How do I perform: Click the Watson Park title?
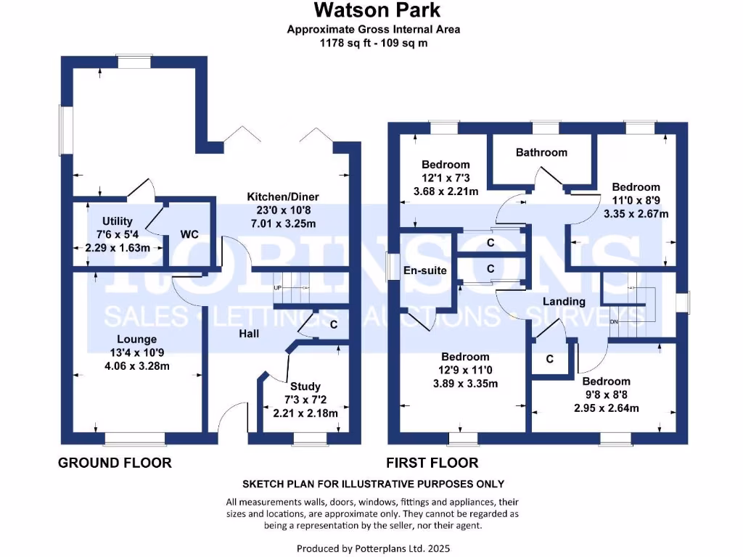pyautogui.click(x=377, y=11)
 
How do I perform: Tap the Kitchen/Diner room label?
pyautogui.click(x=283, y=197)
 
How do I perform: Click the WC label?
pyautogui.click(x=189, y=234)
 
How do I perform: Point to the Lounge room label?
pyautogui.click(x=137, y=339)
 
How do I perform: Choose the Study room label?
pyautogui.click(x=305, y=387)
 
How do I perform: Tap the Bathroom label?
pyautogui.click(x=541, y=152)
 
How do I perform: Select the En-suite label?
pyautogui.click(x=424, y=271)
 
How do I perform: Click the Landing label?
pyautogui.click(x=564, y=301)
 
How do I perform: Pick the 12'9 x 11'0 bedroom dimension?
pyautogui.click(x=465, y=370)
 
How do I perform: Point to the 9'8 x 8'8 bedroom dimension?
pyautogui.click(x=606, y=395)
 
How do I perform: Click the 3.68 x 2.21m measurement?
pyautogui.click(x=446, y=191)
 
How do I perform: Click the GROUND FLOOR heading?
pyautogui.click(x=115, y=463)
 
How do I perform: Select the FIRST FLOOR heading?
pyautogui.click(x=432, y=463)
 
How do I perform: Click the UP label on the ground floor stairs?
pyautogui.click(x=277, y=288)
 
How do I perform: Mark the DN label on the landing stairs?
pyautogui.click(x=614, y=321)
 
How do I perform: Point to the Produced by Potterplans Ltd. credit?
pyautogui.click(x=378, y=548)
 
